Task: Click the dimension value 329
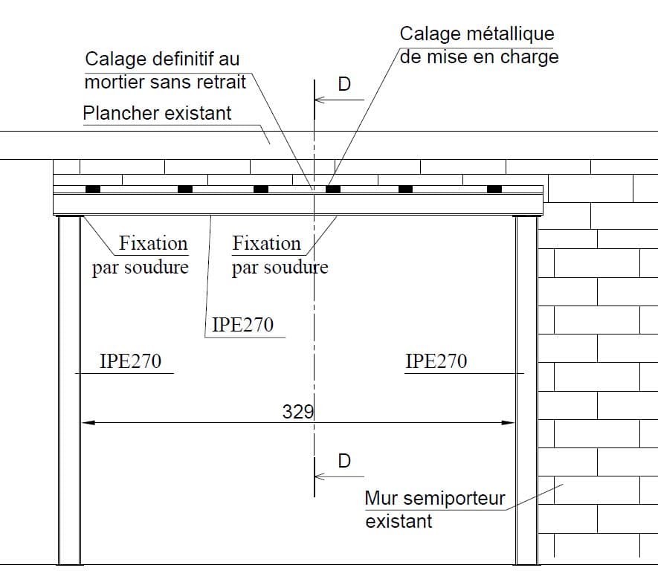coord(298,412)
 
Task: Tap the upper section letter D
coord(344,84)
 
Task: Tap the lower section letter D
coord(344,461)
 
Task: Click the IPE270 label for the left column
coord(131,361)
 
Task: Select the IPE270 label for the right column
coord(436,361)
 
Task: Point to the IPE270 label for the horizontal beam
coord(242,325)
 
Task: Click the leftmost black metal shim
coord(93,189)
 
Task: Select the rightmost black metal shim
coord(494,189)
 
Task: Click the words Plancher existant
coord(157,113)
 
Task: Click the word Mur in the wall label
coord(381,499)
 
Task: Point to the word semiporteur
coord(454,500)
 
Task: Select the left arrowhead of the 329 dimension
coord(88,423)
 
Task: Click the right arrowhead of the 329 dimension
coord(509,423)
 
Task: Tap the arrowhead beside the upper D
coord(320,100)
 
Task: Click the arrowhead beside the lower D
coord(320,476)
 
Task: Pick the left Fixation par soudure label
coord(141,255)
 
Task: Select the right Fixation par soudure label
coord(280,255)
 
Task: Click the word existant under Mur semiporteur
coord(399,522)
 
